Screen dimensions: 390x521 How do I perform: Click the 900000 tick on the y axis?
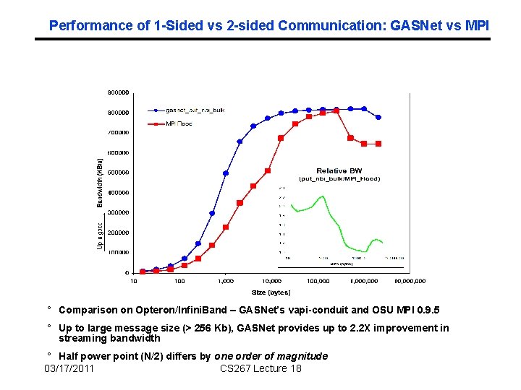119,92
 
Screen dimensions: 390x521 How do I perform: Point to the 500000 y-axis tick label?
119,173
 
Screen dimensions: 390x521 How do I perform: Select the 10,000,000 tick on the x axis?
410,281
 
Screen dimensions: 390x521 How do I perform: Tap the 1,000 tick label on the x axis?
226,281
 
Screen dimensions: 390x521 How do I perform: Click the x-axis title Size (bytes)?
271,292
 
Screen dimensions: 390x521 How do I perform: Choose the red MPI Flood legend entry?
179,124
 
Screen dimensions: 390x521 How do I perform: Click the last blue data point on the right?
378,117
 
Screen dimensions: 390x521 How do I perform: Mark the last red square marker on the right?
378,144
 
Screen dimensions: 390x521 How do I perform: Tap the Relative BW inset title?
339,170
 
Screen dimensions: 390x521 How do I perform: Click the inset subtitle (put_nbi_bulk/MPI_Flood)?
339,178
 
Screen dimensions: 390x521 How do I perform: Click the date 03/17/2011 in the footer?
69,369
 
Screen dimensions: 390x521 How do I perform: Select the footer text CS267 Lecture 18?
260,369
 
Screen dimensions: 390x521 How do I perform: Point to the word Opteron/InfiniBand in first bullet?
172,310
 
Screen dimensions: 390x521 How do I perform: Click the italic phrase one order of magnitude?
271,356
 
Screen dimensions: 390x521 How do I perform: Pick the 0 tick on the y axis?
127,273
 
